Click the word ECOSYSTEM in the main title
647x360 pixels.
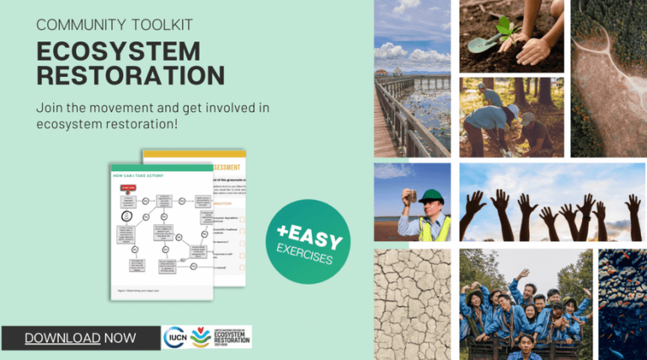pos(118,51)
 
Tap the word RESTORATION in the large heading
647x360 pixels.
pos(131,76)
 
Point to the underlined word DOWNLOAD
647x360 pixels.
pos(62,338)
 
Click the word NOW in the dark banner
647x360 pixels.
pos(120,338)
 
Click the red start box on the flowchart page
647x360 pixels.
pos(128,187)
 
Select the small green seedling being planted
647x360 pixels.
pos(506,27)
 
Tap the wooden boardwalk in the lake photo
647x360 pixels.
pos(396,118)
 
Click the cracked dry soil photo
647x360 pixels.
pos(412,304)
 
